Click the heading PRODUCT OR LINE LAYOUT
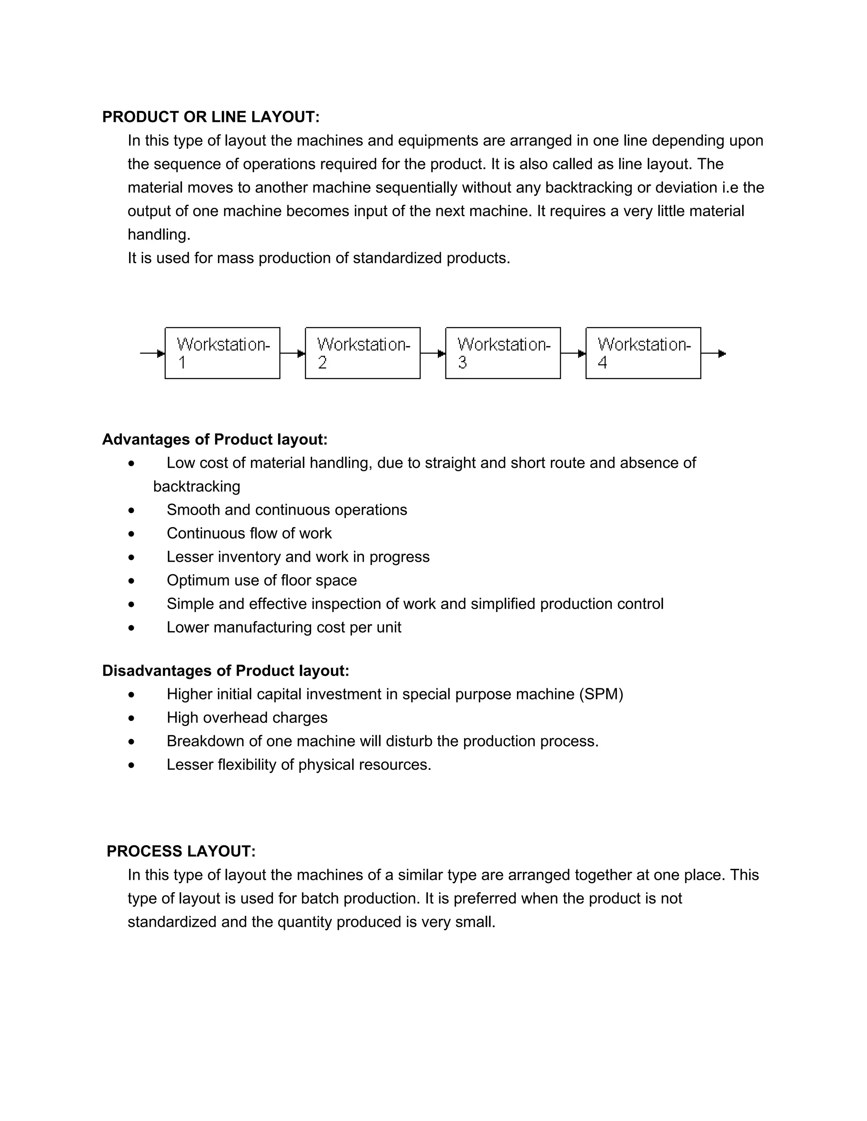coord(210,117)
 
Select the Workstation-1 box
coord(222,353)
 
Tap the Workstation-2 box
coord(363,353)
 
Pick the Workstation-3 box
coord(503,353)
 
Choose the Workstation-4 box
coord(643,353)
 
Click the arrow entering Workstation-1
coord(152,354)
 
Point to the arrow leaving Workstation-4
coord(713,354)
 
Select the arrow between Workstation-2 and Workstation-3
coord(433,354)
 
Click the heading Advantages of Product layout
coord(215,440)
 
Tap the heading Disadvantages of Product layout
coord(226,671)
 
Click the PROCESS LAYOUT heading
coord(181,852)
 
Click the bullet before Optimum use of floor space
coord(132,581)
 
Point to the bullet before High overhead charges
coord(132,719)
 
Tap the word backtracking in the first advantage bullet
coord(197,486)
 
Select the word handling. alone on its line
coord(159,235)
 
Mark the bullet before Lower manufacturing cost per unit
coord(132,628)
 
